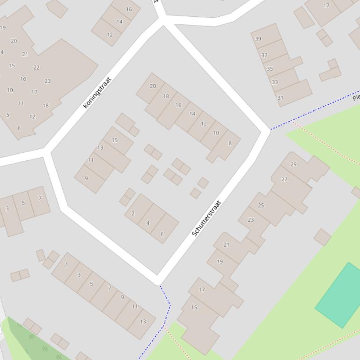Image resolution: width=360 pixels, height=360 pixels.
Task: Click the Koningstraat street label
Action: click(97, 93)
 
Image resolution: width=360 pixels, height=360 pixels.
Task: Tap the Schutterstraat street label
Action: click(206, 218)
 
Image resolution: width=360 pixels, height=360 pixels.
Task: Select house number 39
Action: click(258, 39)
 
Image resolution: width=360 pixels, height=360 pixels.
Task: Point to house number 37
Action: click(264, 55)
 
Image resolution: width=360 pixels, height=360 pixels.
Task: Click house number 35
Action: click(270, 69)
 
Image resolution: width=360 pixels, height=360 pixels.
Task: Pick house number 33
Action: click(275, 82)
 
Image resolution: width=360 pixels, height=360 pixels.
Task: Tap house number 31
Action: click(280, 98)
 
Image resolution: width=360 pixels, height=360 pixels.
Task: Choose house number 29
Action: click(294, 164)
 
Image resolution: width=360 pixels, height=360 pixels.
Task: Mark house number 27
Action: click(284, 180)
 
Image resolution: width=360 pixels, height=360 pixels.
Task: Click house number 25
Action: click(261, 205)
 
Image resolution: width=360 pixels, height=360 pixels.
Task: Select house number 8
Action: click(230, 143)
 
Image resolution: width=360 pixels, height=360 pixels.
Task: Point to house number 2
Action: click(133, 214)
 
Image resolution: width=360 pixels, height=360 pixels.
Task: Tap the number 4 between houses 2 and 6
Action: click(148, 223)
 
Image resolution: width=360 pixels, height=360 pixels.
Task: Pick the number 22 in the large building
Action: click(37, 68)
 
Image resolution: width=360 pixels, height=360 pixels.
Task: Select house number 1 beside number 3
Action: click(66, 265)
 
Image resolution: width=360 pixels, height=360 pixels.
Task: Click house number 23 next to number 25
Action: click(250, 220)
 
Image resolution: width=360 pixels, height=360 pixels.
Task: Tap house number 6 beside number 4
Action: click(162, 234)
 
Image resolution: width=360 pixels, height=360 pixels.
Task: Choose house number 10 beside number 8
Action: click(216, 133)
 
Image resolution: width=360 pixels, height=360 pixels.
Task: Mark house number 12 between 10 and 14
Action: click(204, 124)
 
